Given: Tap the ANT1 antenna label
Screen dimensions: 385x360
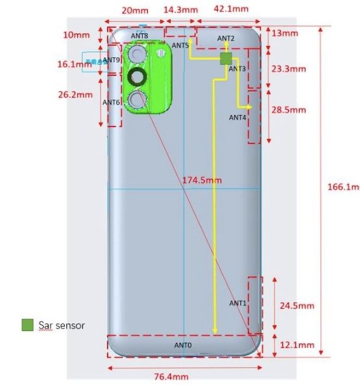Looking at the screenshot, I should tap(237, 303).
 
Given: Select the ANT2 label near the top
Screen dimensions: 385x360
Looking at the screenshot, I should tap(226, 38).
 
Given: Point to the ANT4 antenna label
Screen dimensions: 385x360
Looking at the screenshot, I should tap(237, 118).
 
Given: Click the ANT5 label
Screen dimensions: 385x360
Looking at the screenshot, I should tap(180, 45).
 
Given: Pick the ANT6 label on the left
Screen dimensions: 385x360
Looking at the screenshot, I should tap(112, 102).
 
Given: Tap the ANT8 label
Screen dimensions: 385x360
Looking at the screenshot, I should tap(139, 36).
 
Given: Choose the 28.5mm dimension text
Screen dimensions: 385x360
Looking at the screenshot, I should tap(288, 110).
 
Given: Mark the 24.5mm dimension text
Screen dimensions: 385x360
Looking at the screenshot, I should tap(296, 305).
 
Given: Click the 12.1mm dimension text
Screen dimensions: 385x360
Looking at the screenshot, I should tap(296, 345).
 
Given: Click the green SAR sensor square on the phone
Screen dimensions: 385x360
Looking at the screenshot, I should tap(226, 58).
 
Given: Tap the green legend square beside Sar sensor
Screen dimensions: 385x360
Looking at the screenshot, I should tap(27, 325).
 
